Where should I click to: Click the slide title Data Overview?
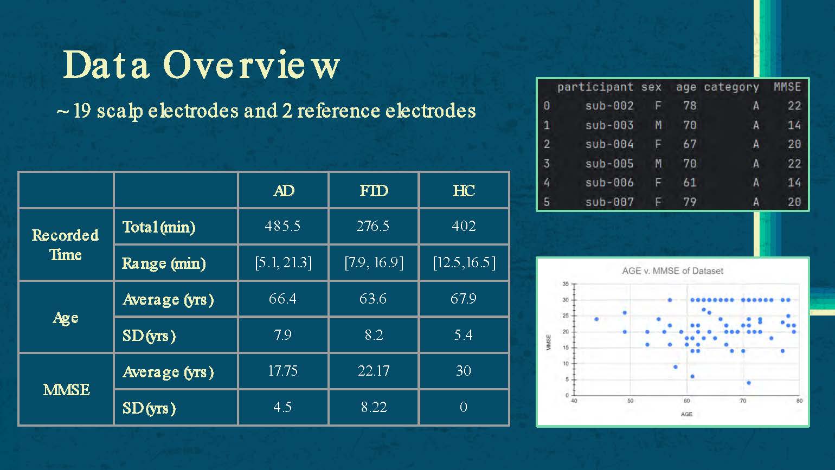[202, 65]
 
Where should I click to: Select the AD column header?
[284, 191]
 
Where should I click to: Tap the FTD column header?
[374, 191]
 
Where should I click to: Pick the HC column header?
[464, 191]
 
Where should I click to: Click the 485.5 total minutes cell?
[282, 226]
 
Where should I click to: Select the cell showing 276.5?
[373, 226]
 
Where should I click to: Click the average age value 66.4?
[282, 299]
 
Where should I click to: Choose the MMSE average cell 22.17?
[373, 371]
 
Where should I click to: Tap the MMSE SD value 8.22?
[374, 407]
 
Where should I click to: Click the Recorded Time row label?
[66, 244]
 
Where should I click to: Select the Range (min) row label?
[164, 263]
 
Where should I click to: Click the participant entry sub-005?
[609, 163]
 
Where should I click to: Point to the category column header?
[731, 87]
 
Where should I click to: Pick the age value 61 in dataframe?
[690, 183]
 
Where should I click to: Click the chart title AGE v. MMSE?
[672, 271]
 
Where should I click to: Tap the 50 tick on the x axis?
[630, 401]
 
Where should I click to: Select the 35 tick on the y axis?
[566, 284]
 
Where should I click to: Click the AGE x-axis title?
[686, 414]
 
